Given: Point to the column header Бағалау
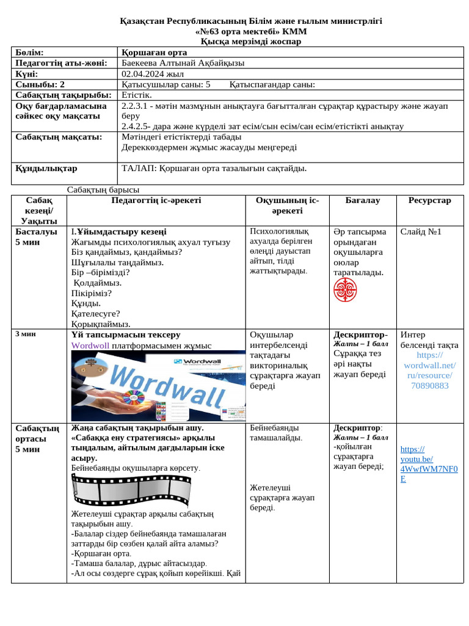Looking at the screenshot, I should coord(362,201).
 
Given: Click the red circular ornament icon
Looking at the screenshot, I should coord(345,289).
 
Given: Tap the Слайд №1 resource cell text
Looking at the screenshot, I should coord(421,232).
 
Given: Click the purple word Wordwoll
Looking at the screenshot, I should coord(90,345).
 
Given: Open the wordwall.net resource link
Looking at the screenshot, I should coord(429,370).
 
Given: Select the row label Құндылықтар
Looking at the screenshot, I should coord(46,168).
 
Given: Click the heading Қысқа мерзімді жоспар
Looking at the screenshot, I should coord(250,42).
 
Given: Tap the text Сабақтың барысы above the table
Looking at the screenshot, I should coord(103,190).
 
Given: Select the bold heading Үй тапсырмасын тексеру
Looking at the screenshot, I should coord(126,335).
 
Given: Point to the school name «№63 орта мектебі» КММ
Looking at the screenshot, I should coord(250,31).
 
